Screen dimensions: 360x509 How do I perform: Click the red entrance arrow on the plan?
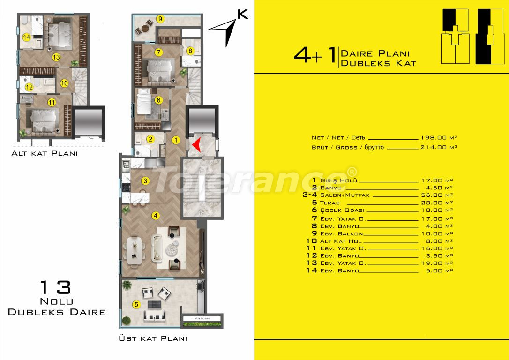197,145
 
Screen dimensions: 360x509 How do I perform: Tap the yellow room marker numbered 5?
136,304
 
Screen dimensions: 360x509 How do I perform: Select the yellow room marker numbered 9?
160,19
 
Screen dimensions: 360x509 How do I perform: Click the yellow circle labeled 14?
26,37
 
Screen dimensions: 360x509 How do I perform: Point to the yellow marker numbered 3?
145,180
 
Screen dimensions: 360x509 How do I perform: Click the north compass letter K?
243,14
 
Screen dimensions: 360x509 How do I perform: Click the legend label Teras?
331,203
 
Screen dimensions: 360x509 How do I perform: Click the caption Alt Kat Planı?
45,153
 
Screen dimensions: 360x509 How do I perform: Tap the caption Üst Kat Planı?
153,338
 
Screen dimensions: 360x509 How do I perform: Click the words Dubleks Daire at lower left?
57,312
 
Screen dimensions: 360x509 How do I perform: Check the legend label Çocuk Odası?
342,210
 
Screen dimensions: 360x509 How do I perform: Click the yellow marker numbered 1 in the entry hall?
176,139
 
